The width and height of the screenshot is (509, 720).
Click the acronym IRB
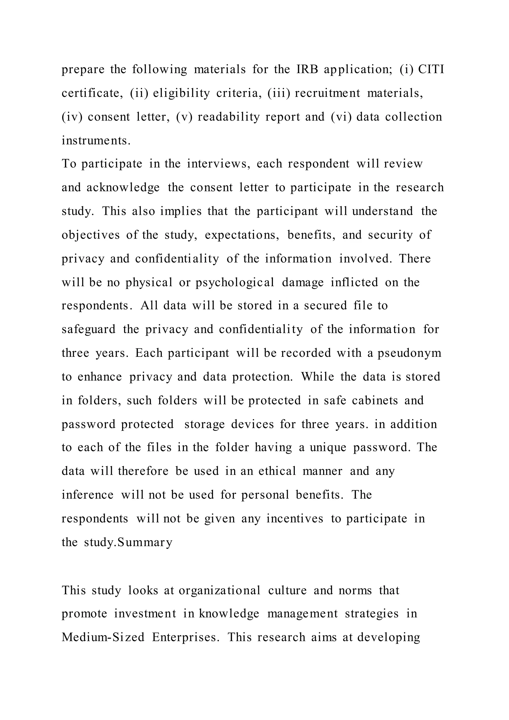tap(307, 69)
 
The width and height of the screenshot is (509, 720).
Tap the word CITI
tap(431, 69)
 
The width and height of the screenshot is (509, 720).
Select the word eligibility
tap(181, 93)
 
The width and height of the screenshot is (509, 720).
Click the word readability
tap(228, 117)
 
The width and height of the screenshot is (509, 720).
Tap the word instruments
tap(96, 140)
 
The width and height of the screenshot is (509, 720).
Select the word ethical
tap(277, 471)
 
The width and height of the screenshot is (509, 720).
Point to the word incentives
tap(295, 519)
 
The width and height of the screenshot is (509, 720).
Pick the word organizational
tap(219, 590)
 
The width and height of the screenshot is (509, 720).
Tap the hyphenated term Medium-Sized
tap(103, 637)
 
